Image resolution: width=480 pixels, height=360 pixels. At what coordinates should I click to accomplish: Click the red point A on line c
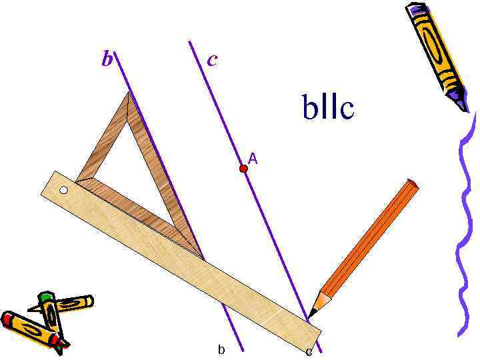243,169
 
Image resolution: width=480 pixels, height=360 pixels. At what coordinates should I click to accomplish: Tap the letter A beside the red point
253,159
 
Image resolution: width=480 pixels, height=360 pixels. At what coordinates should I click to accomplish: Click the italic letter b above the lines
107,60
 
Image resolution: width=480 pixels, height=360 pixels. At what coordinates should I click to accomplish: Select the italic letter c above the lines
212,60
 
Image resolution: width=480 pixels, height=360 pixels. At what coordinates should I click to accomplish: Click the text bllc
327,108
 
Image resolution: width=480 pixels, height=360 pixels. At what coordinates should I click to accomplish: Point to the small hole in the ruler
64,191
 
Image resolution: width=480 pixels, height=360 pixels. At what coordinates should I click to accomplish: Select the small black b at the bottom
221,349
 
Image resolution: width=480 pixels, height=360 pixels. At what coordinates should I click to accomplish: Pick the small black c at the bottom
309,351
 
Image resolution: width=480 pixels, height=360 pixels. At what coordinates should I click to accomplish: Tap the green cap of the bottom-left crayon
45,297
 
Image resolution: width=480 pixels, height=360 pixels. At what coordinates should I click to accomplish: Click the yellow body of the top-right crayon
436,50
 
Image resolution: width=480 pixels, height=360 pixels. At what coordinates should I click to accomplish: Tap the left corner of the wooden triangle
78,180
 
